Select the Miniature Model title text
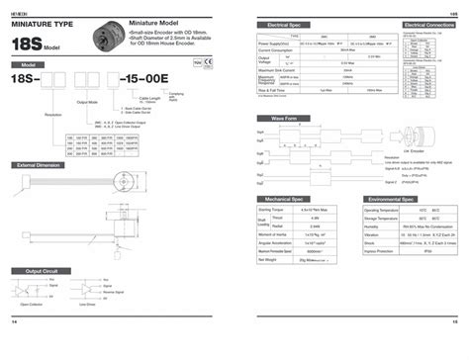(155, 21)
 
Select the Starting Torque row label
(272, 210)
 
